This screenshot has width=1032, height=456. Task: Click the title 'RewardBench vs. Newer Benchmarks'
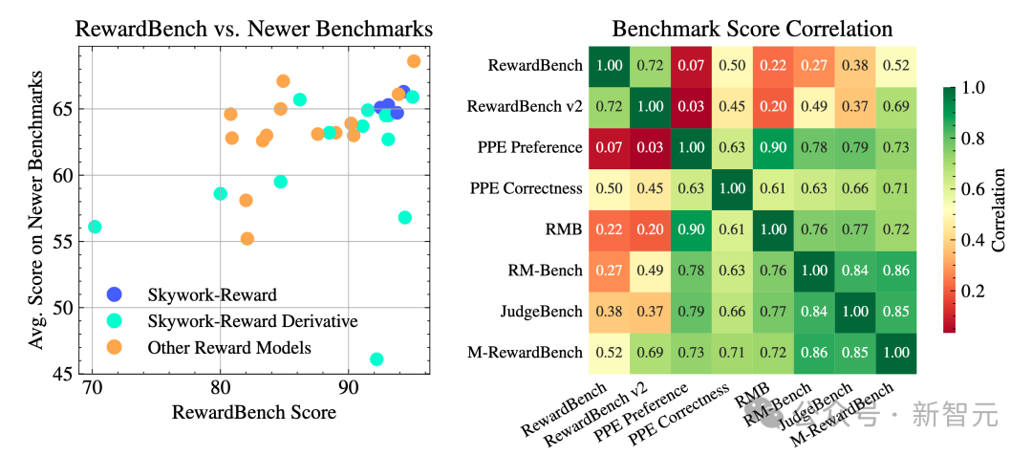tap(253, 29)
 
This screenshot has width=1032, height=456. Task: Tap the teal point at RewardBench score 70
tap(95, 227)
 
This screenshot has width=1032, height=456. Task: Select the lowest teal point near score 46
tap(376, 359)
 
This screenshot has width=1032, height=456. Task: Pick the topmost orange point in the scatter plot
tap(414, 61)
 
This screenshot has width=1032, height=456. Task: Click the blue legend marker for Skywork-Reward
tap(115, 293)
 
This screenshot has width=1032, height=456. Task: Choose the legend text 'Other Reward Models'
tap(229, 348)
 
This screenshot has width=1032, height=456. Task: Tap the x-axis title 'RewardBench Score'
tap(253, 413)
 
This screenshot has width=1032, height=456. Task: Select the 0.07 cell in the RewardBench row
tap(692, 66)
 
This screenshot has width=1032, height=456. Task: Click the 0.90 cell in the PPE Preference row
tap(774, 147)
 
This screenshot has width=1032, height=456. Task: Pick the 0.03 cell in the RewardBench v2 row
tap(692, 106)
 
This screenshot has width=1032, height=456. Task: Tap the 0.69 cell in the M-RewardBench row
tap(651, 353)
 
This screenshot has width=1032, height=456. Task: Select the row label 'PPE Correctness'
tap(527, 188)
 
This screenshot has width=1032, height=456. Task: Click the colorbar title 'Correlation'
tap(1000, 209)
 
